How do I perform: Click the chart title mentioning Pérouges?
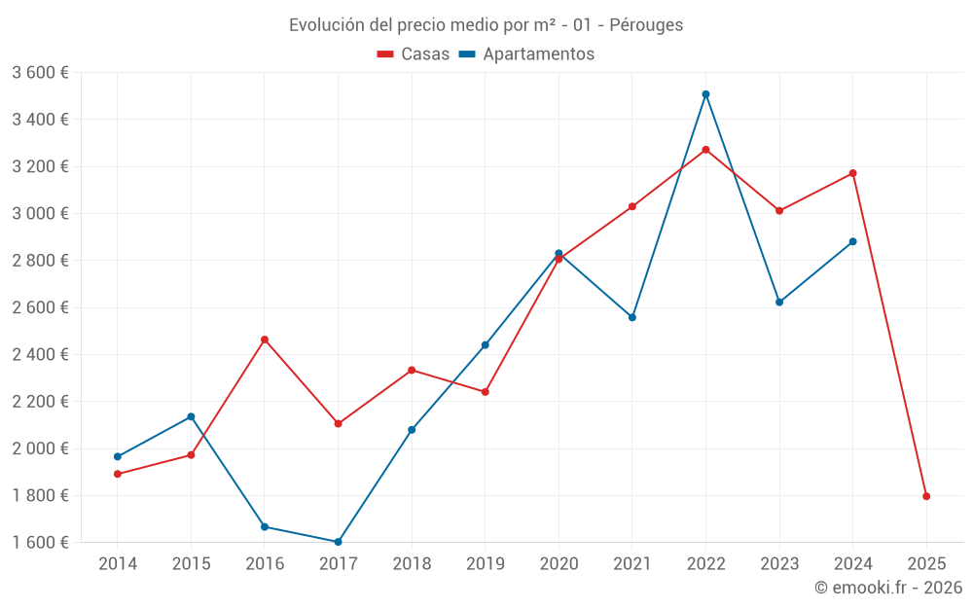(486, 24)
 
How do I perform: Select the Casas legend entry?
(414, 54)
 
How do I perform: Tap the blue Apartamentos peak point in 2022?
(705, 94)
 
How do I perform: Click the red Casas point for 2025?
(926, 496)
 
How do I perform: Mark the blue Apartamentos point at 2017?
(338, 542)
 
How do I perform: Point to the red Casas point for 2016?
(265, 340)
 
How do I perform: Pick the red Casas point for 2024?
(852, 173)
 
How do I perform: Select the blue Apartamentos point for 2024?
(852, 241)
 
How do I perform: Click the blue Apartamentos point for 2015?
(191, 416)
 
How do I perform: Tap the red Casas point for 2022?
(705, 150)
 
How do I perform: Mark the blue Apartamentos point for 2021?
(632, 317)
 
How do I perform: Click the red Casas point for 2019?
(486, 391)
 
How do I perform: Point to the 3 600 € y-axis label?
(40, 73)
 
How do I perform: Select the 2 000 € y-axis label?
(40, 448)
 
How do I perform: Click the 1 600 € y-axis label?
(40, 543)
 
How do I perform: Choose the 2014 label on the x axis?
(118, 564)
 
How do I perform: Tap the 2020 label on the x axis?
(559, 564)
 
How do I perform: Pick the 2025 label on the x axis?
(926, 564)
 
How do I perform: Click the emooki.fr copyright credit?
(887, 588)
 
